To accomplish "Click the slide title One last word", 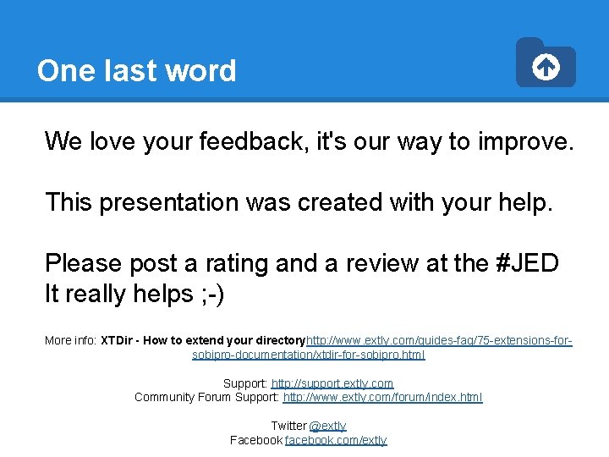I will tap(136, 70).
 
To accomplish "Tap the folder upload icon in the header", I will tap(546, 63).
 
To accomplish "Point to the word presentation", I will tap(169, 202).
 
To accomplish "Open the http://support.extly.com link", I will tap(332, 383).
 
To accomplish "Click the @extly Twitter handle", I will tap(328, 426).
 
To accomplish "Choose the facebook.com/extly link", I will tap(336, 440).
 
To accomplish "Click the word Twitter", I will tap(288, 426).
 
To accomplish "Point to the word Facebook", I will tap(256, 440).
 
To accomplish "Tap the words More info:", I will tap(70, 340).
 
